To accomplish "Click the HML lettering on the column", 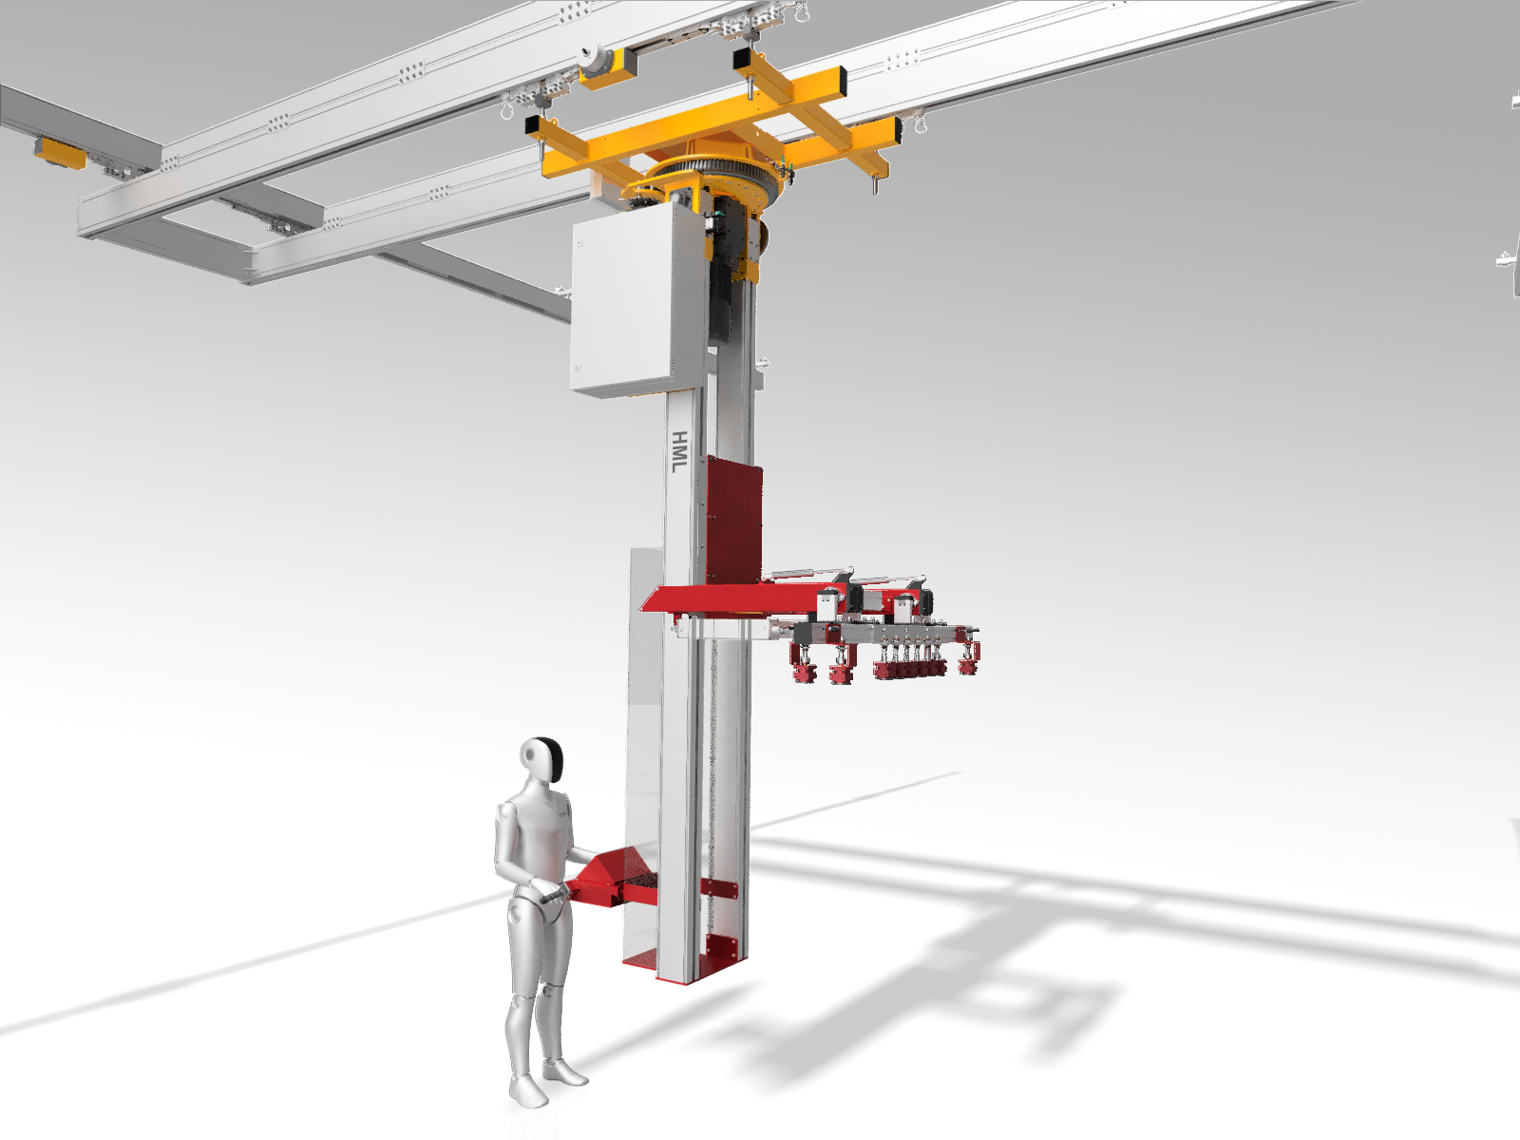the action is (680, 452).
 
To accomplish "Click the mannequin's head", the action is (541, 759).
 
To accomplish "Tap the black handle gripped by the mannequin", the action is (555, 897).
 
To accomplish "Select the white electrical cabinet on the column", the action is (632, 307).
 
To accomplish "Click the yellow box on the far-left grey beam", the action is (61, 153).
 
